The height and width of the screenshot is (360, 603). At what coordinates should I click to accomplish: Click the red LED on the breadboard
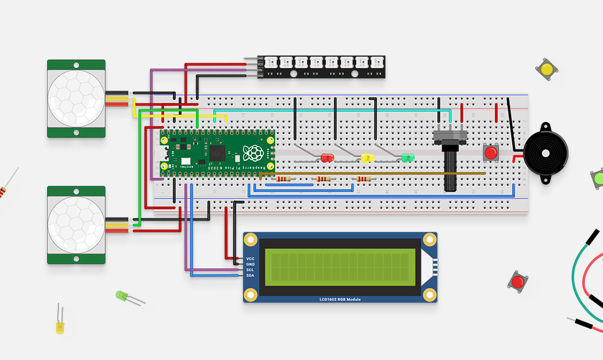327,158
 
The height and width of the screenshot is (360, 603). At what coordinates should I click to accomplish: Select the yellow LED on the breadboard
367,158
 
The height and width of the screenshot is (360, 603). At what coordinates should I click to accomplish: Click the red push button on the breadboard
491,153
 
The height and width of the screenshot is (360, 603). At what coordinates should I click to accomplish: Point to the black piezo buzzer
546,153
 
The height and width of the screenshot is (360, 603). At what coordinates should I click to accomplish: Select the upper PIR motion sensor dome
76,99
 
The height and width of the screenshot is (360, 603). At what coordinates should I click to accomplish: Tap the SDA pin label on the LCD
250,276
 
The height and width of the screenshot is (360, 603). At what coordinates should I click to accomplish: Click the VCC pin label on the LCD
250,259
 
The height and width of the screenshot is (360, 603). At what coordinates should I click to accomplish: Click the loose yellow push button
546,69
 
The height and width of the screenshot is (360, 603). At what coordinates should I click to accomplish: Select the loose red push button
518,281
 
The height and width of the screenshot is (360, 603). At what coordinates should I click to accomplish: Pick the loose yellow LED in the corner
60,327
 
